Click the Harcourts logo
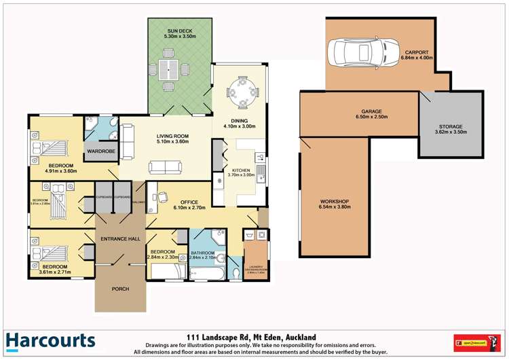click(x=50, y=341)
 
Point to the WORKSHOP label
click(x=335, y=202)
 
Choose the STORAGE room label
click(x=450, y=126)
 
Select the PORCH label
click(x=120, y=289)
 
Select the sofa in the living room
click(x=165, y=167)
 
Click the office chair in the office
click(x=164, y=196)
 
